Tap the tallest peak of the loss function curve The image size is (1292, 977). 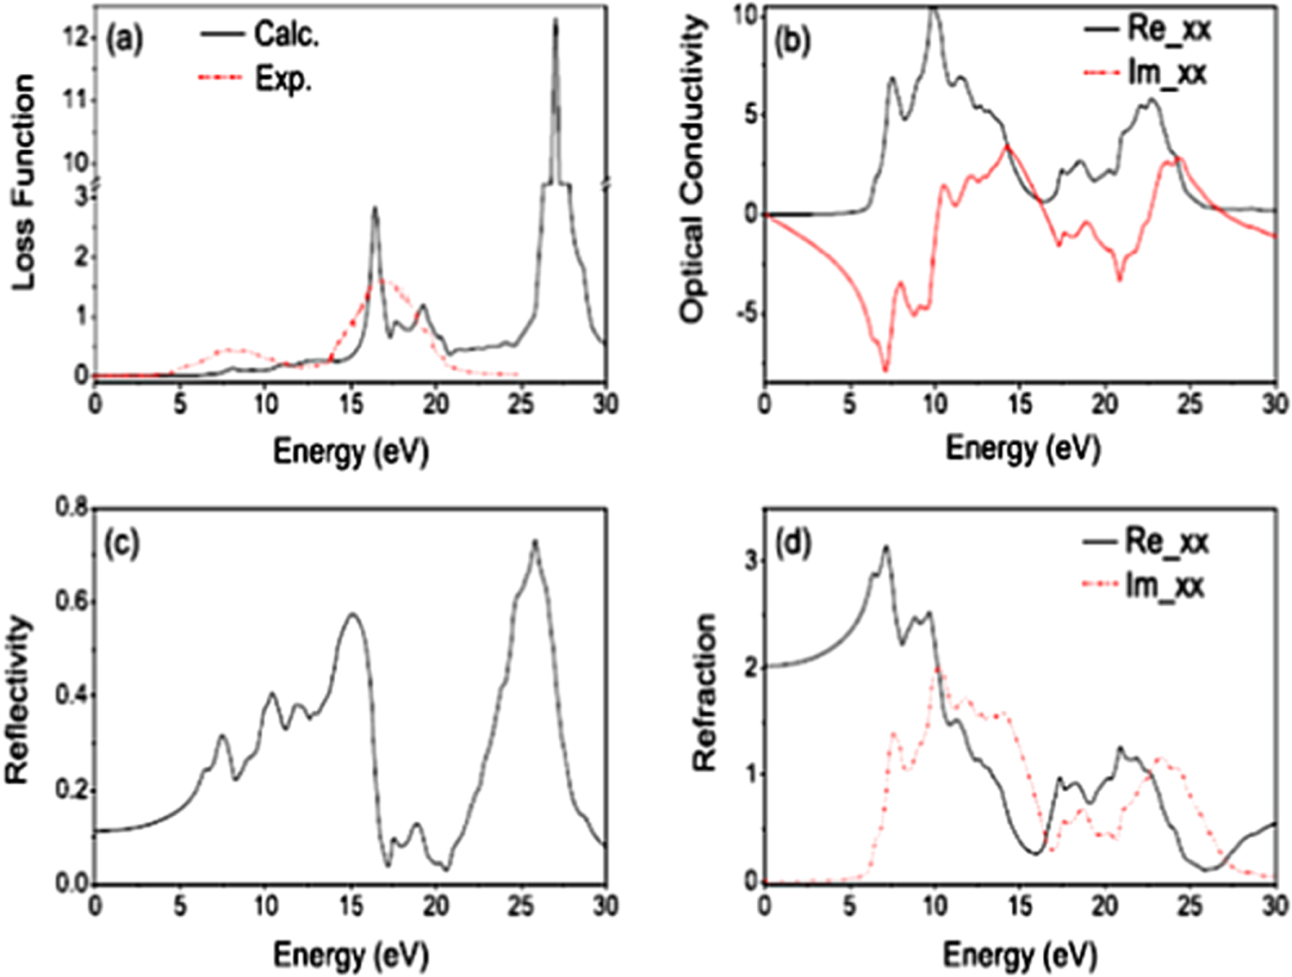click(x=556, y=22)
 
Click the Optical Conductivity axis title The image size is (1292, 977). click(x=694, y=169)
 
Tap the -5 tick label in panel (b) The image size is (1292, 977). click(x=746, y=313)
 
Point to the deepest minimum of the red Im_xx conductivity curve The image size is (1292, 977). click(x=885, y=370)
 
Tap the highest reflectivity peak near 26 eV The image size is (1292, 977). click(x=535, y=541)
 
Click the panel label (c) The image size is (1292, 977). click(x=121, y=544)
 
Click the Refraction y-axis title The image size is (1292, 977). click(x=705, y=692)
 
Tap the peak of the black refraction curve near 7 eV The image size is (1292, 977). click(x=885, y=547)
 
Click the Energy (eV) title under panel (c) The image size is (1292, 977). click(x=351, y=955)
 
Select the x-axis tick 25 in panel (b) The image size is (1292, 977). click(x=1190, y=403)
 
